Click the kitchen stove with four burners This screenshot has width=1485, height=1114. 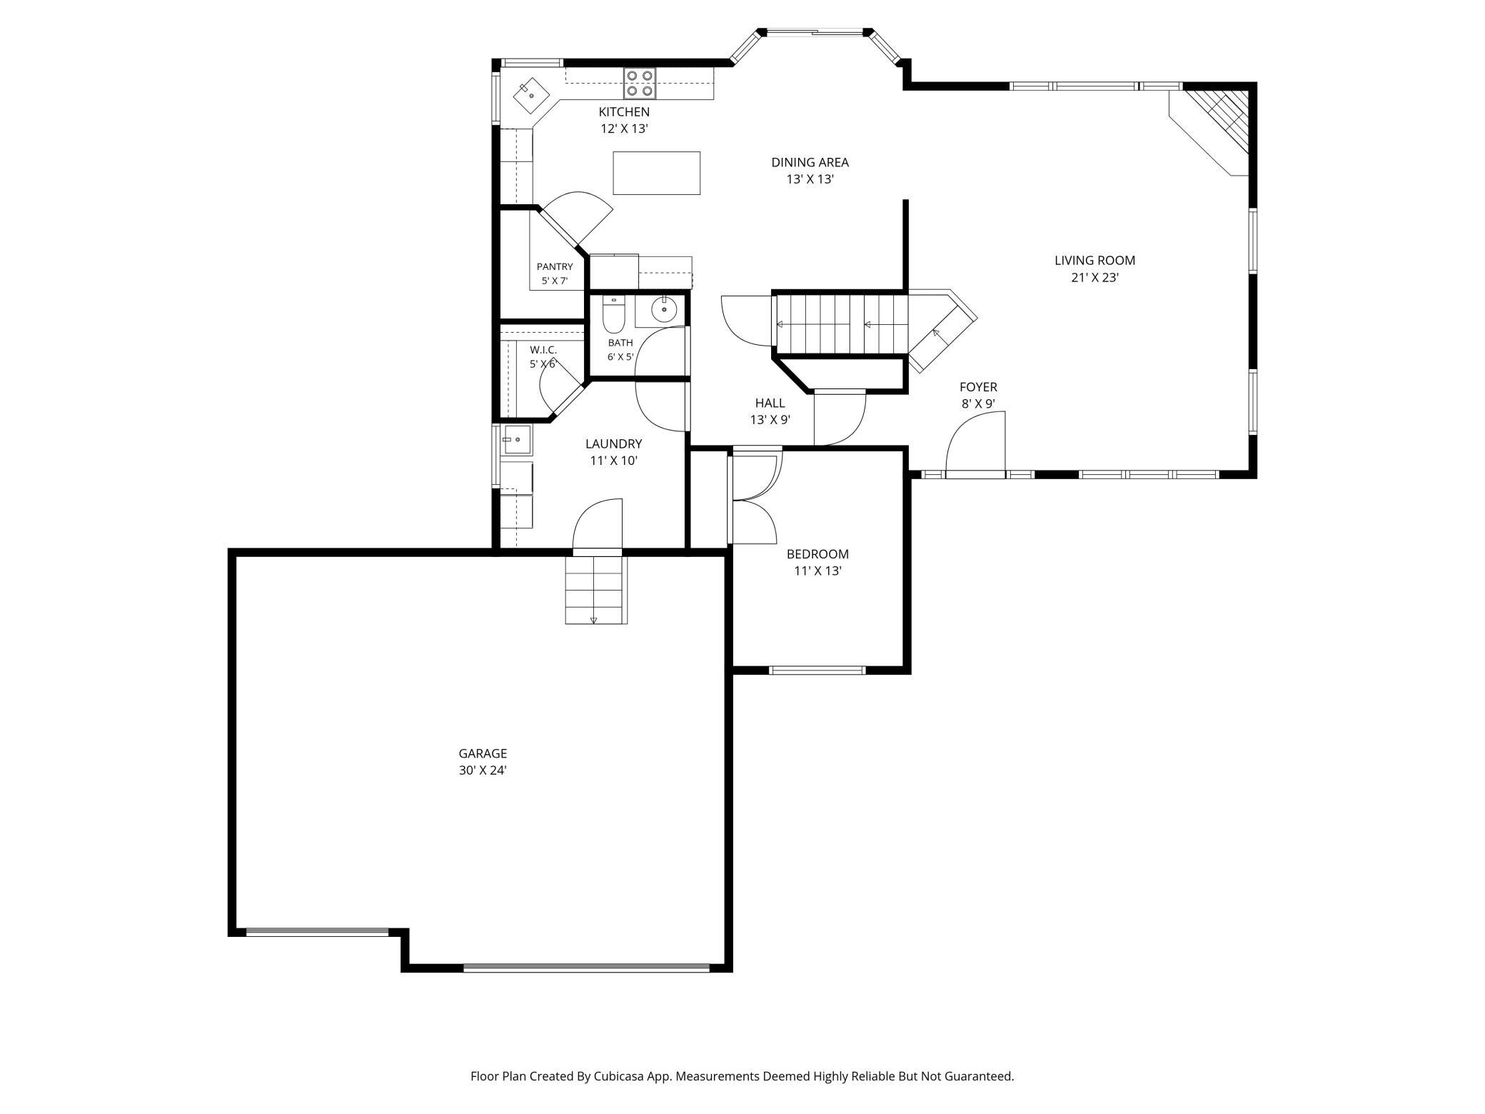[640, 83]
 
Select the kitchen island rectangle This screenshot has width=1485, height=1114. [656, 173]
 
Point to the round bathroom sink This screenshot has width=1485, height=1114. [664, 309]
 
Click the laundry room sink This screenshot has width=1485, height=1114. [516, 440]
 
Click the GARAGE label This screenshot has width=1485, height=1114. [483, 753]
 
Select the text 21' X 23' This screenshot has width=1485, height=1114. [1094, 278]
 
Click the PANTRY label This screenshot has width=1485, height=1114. [555, 267]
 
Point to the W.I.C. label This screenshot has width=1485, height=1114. [543, 350]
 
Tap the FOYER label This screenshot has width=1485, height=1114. [978, 387]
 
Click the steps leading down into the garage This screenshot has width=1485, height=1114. [596, 590]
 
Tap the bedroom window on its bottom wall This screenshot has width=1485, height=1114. [817, 670]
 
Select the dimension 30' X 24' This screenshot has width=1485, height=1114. [483, 771]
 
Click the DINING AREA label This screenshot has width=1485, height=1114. [810, 162]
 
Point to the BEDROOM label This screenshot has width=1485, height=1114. [817, 554]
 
